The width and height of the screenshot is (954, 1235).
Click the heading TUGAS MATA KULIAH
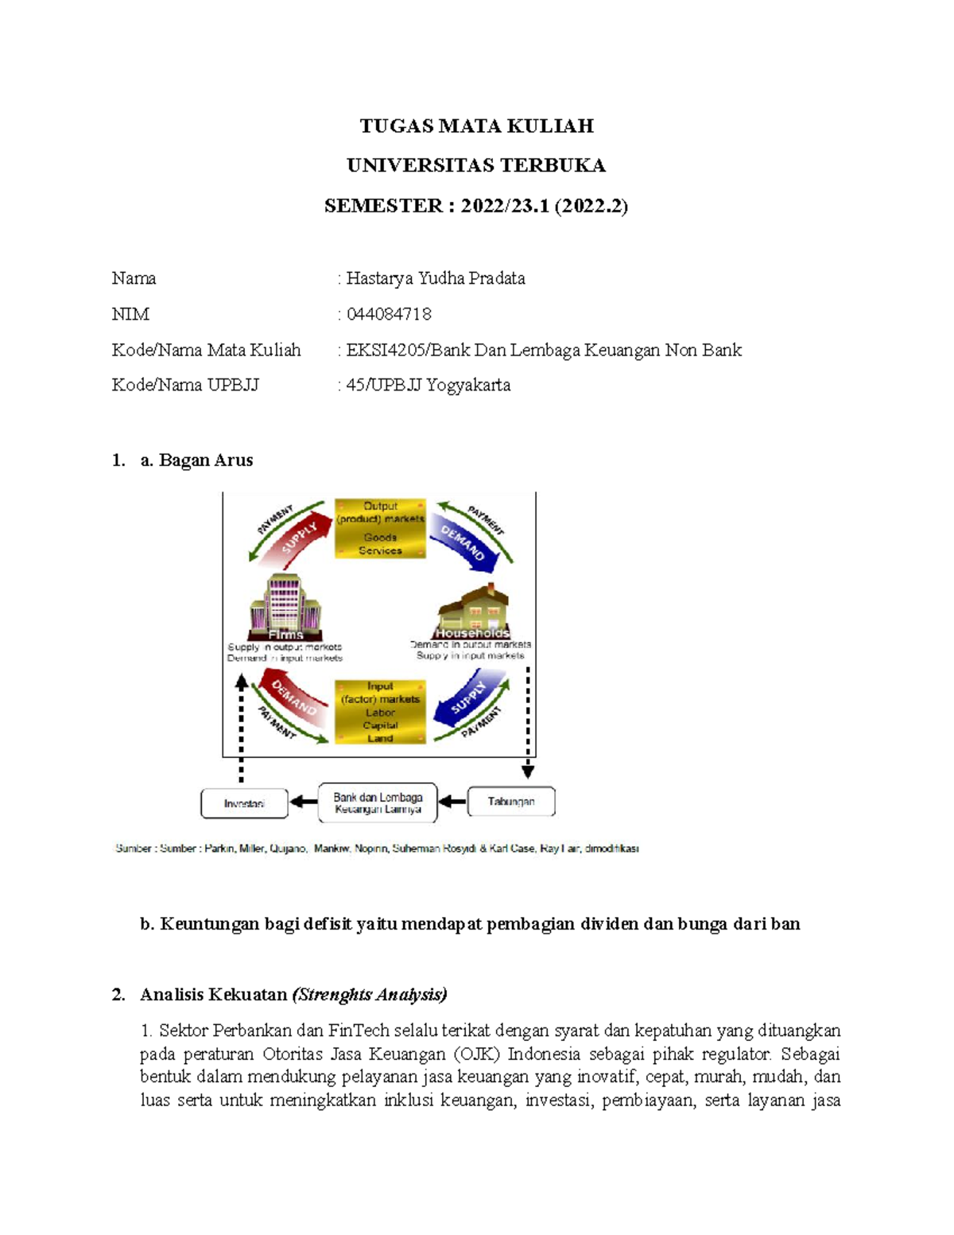(476, 126)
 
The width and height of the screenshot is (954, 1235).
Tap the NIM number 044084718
(389, 314)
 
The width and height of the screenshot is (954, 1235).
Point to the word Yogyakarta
(468, 386)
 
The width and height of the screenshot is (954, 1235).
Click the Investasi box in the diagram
(244, 803)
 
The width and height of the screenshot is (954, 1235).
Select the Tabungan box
(510, 802)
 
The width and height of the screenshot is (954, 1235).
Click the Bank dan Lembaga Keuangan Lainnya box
(378, 803)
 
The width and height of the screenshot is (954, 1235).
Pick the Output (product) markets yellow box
(380, 528)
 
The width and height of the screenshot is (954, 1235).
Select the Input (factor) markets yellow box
(380, 712)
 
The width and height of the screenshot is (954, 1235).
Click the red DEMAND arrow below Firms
(294, 700)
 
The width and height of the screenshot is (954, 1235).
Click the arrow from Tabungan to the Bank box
(452, 802)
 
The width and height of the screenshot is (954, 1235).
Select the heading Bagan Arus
(205, 460)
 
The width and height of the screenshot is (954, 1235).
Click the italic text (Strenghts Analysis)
(370, 995)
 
